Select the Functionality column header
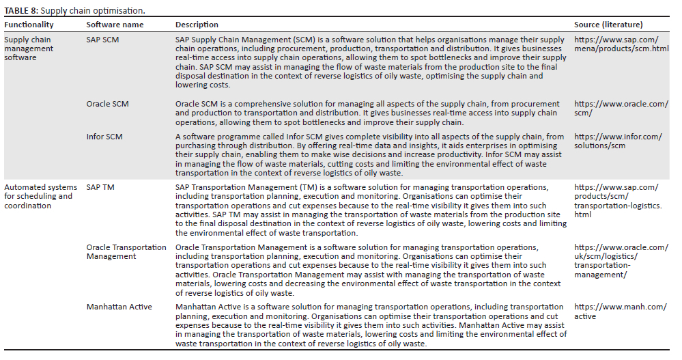29,25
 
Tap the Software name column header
115,25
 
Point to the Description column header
197,25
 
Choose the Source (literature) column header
608,25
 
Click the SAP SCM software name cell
102,40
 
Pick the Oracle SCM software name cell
107,104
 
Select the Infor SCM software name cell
104,137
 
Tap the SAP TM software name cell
100,187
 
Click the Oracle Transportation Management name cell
126,251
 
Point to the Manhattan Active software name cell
120,307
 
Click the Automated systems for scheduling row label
38,196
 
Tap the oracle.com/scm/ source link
621,108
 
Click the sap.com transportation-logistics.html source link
616,200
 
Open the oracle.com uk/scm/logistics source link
621,260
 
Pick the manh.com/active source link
619,311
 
